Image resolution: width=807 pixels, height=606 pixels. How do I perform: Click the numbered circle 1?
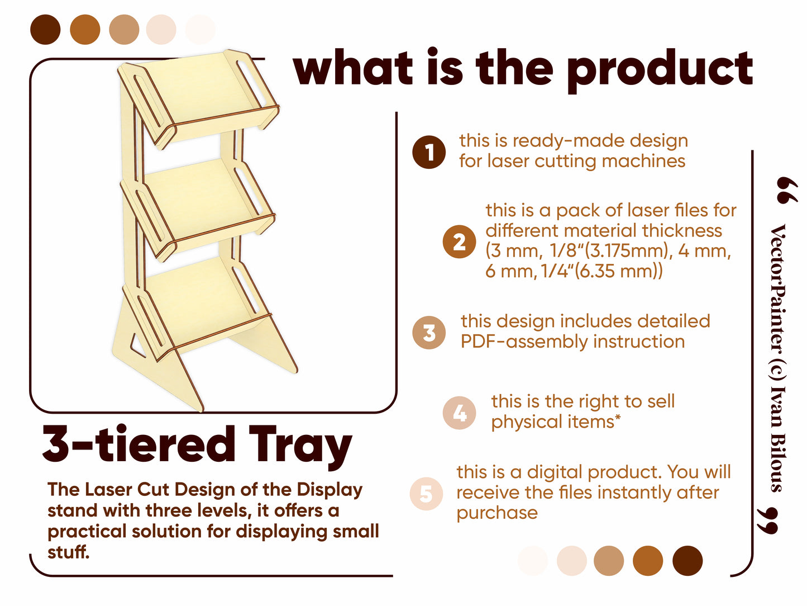(429, 152)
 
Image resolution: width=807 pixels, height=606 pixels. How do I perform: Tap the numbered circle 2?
(459, 242)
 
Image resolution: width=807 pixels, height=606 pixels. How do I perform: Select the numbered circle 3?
(429, 333)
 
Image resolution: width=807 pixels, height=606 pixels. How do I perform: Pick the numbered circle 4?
(459, 413)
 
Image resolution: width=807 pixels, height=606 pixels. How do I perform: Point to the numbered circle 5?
(426, 494)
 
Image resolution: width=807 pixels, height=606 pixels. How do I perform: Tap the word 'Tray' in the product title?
(300, 447)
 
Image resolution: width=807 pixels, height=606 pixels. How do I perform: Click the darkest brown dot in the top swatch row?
(45, 30)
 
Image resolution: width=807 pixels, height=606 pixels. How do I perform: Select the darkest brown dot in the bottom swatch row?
(687, 561)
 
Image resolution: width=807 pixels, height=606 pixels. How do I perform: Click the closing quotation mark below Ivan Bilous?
(768, 521)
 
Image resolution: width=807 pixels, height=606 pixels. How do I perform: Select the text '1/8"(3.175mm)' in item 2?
(609, 251)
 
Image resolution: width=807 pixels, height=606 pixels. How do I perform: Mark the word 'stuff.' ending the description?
(68, 552)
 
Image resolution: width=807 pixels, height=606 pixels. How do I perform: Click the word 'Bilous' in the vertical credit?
(779, 462)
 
